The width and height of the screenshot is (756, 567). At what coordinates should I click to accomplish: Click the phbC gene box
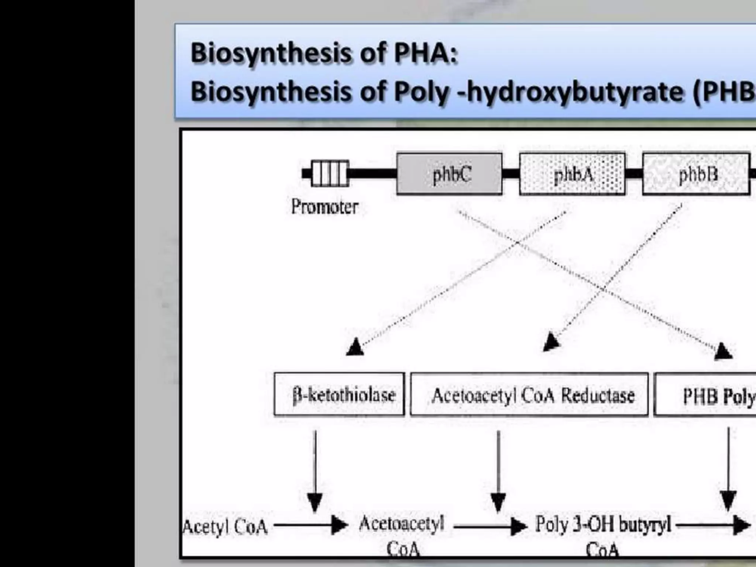point(449,174)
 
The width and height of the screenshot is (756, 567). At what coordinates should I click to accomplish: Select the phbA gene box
point(572,174)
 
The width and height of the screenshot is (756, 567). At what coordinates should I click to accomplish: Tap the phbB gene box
point(696,174)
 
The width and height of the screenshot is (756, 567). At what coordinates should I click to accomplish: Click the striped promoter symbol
point(330,173)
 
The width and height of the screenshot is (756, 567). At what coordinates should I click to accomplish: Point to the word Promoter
point(324,207)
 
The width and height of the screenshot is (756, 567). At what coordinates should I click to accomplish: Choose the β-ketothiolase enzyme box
point(339,394)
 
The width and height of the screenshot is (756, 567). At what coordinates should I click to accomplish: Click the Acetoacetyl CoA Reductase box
point(529,395)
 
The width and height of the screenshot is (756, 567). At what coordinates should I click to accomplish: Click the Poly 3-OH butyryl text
point(603,525)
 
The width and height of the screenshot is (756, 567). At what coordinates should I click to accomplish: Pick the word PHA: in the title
point(426,53)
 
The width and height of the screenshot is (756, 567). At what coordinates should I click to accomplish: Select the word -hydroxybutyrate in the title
point(570,92)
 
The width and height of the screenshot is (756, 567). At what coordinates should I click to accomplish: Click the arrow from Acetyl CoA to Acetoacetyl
point(310,525)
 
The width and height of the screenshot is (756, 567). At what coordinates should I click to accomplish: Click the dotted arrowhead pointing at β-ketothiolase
point(355,347)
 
